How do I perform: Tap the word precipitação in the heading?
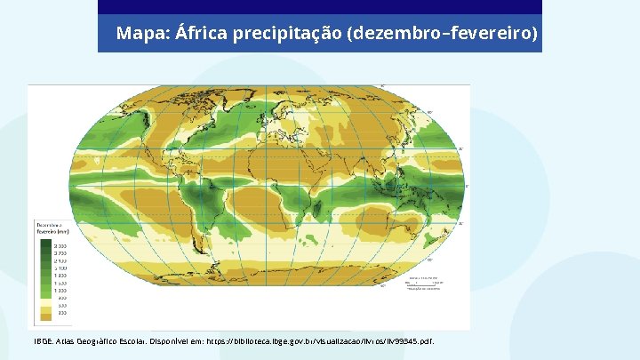pos(287,34)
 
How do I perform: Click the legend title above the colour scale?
pos(48,228)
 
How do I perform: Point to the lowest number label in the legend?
pos(62,313)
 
